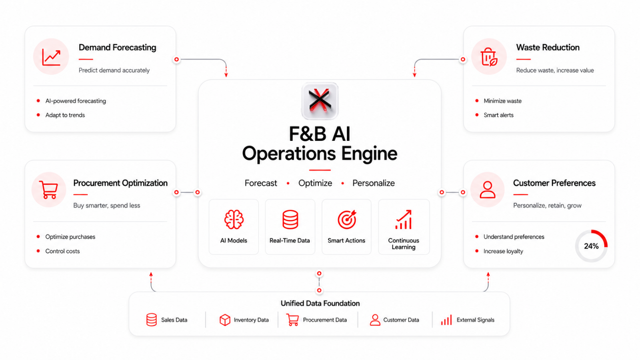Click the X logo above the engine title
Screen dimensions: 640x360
coord(320,100)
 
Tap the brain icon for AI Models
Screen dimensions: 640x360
coord(234,220)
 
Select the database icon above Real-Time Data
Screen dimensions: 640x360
coord(290,220)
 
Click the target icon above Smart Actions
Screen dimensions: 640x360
coord(347,220)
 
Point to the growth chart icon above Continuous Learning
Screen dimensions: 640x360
coord(404,220)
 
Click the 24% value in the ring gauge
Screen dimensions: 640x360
coord(591,246)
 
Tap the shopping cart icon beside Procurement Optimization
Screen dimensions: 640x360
coord(48,190)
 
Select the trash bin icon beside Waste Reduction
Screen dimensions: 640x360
coord(488,56)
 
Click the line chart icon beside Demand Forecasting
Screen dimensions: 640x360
coord(51,57)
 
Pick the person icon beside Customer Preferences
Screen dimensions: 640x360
coord(488,190)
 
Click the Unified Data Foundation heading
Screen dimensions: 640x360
coord(320,303)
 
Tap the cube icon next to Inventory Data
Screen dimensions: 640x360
coord(225,320)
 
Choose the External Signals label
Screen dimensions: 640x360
coord(476,320)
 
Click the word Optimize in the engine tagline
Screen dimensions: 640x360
coord(315,183)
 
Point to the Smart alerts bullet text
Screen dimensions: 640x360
coord(498,115)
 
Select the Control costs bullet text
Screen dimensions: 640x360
coord(62,251)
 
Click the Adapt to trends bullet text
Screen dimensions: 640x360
coord(65,115)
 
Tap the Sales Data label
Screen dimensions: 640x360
coord(174,320)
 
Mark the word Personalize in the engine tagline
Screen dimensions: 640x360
coord(374,183)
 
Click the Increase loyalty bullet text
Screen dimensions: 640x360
coord(503,251)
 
